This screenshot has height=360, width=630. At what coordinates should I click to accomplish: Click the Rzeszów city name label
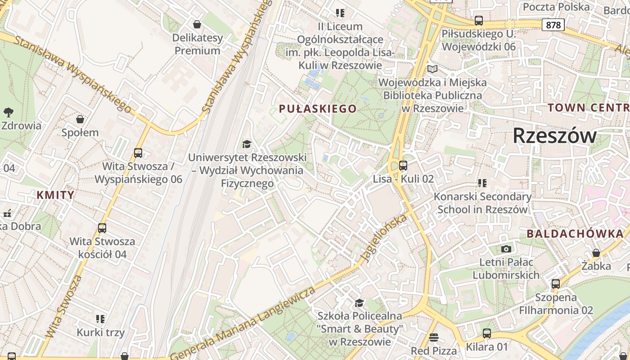click(554, 135)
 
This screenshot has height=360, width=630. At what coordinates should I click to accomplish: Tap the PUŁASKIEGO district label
click(318, 108)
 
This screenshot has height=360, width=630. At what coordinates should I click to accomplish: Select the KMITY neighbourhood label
click(55, 195)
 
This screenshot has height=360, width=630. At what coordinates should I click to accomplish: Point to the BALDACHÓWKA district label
click(575, 234)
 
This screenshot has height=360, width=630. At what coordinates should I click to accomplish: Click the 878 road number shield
click(553, 25)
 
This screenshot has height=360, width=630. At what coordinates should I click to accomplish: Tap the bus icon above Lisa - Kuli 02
click(403, 166)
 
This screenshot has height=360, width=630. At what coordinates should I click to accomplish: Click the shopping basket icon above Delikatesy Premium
click(197, 24)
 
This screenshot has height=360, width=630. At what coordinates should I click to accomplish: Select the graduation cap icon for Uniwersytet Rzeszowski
click(247, 144)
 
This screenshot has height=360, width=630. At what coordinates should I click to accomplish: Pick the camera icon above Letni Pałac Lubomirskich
click(506, 249)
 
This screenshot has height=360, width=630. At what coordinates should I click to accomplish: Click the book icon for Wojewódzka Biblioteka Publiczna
click(432, 69)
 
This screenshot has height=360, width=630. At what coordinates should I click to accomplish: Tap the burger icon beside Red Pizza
click(434, 337)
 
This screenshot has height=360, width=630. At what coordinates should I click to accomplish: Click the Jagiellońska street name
click(383, 238)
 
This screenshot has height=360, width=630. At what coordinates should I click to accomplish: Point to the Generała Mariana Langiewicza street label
click(243, 322)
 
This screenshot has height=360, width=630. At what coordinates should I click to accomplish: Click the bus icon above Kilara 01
click(486, 333)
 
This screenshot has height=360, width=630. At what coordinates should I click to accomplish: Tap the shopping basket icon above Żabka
click(596, 253)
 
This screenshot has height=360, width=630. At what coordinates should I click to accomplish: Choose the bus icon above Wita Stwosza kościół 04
click(102, 228)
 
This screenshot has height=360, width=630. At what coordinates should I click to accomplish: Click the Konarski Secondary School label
click(482, 203)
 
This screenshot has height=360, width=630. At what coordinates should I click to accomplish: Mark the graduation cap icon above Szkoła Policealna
click(359, 303)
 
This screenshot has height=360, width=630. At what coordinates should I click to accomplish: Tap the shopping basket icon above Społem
click(80, 119)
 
